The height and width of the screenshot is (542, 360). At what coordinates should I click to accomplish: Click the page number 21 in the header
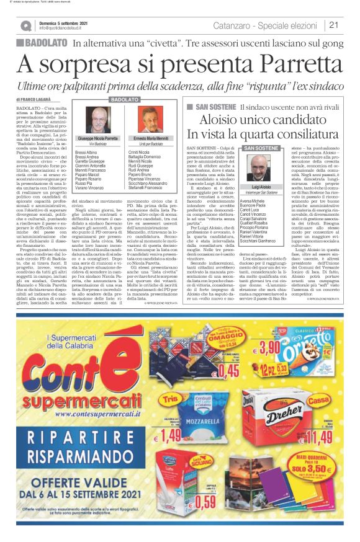[x=333, y=25]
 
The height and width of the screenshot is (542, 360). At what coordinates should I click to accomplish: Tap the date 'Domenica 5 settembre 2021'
[x=63, y=22]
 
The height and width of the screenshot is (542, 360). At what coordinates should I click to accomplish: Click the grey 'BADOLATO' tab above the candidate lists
[x=124, y=99]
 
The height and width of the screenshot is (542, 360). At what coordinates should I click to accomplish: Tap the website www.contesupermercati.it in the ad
[x=79, y=409]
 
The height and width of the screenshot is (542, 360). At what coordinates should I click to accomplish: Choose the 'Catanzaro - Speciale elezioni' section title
[x=269, y=25]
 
